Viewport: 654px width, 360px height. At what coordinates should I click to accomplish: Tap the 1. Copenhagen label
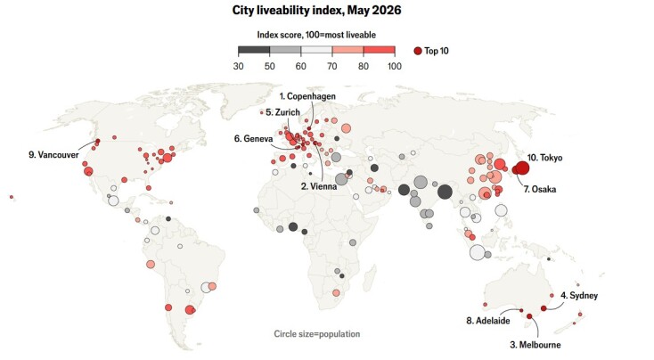pos(307,96)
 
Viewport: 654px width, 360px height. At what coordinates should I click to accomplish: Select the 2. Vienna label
pos(319,186)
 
